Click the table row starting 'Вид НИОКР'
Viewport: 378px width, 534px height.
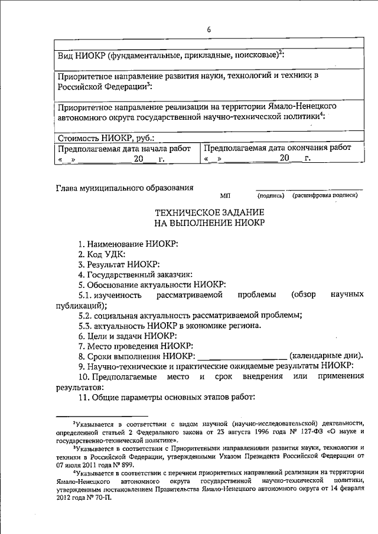pyautogui.click(x=171, y=55)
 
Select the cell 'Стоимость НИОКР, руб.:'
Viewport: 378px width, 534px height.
pyautogui.click(x=106, y=138)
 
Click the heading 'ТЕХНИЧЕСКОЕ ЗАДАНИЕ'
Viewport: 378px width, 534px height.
pyautogui.click(x=210, y=211)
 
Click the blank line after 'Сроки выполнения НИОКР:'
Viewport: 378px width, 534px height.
pyautogui.click(x=242, y=358)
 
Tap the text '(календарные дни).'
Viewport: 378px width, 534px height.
pyautogui.click(x=325, y=356)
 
